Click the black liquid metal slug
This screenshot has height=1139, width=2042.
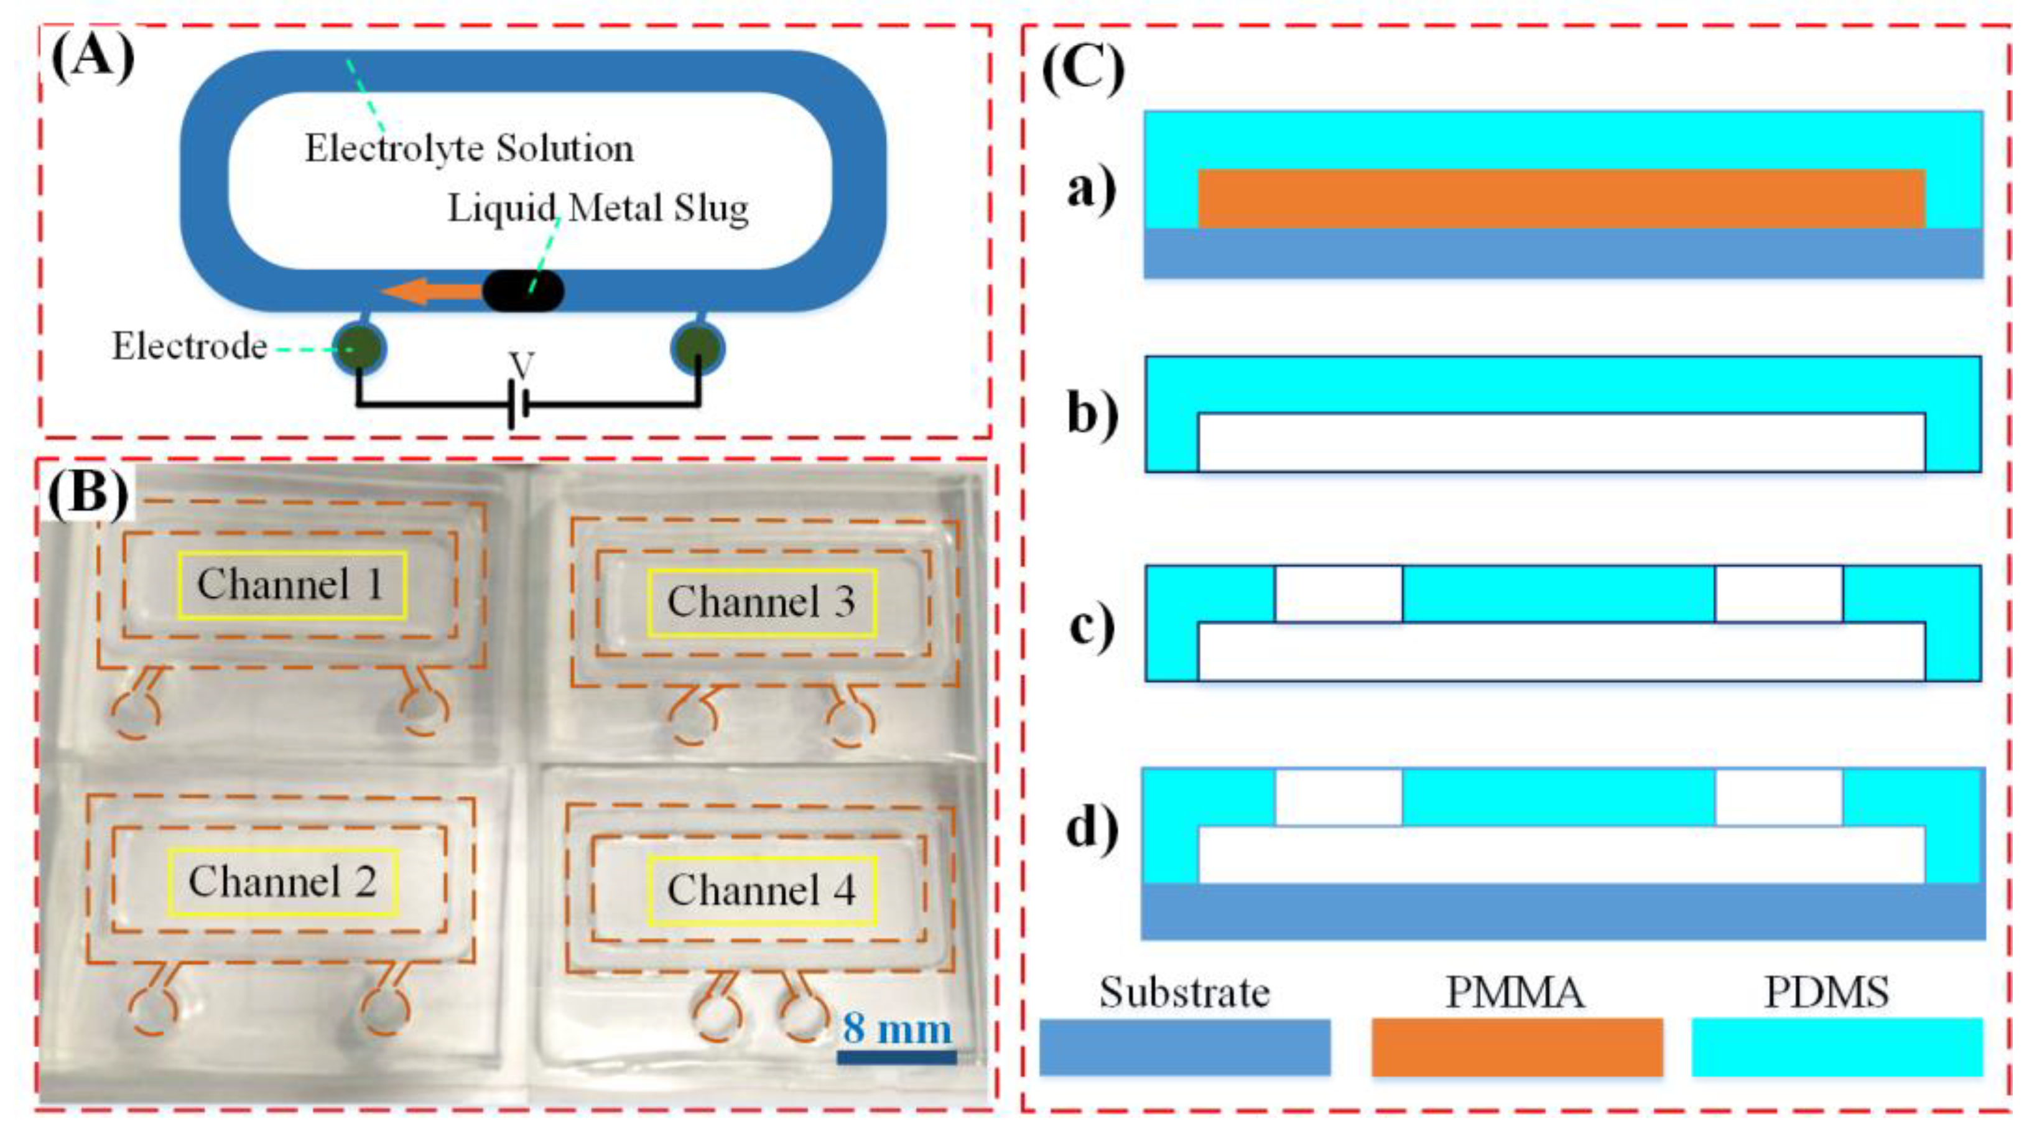tap(523, 291)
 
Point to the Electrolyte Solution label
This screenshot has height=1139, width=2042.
tap(469, 148)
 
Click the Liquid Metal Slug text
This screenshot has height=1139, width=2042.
tap(598, 208)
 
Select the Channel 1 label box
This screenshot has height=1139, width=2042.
tap(292, 584)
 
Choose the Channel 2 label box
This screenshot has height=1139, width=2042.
tap(283, 881)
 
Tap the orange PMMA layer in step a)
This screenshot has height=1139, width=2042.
tap(1562, 198)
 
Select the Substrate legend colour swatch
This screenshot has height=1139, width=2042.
tap(1184, 1046)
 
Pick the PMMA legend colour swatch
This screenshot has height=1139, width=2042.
tap(1516, 1046)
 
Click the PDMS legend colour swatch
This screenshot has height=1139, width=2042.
tap(1837, 1046)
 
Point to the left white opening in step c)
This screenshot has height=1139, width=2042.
tap(1338, 593)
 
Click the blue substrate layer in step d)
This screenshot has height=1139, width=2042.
tap(1562, 911)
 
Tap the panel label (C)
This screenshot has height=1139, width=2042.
tap(1083, 70)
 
